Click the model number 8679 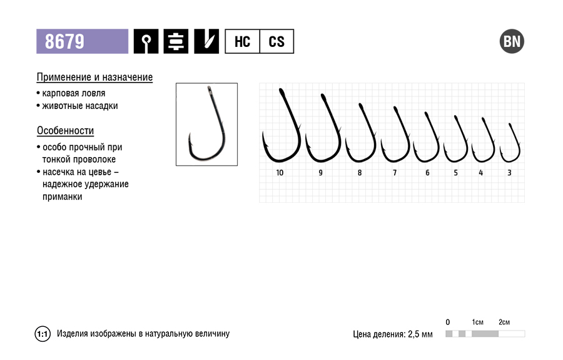click(64, 41)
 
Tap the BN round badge click(512, 41)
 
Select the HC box click(242, 41)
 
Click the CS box click(276, 41)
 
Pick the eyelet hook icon click(146, 41)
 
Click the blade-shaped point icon click(206, 41)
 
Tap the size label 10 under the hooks click(280, 173)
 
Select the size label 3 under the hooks click(509, 173)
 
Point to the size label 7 click(395, 173)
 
